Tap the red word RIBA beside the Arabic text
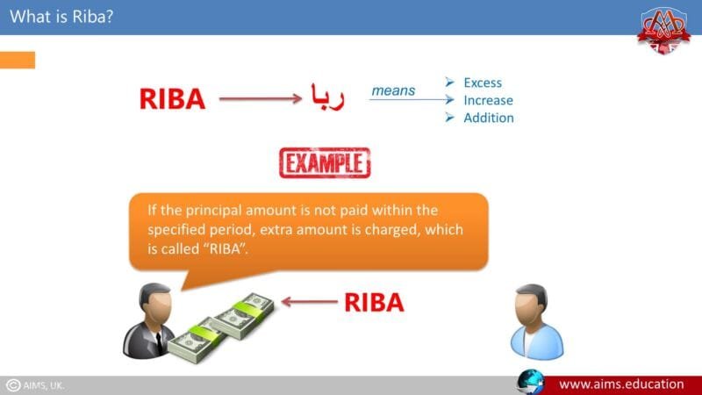click(x=172, y=99)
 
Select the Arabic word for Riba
click(x=326, y=97)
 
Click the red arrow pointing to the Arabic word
click(x=259, y=99)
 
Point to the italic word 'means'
click(x=393, y=90)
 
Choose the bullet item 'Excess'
click(x=482, y=83)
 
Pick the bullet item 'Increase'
click(x=488, y=100)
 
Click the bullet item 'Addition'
click(x=488, y=118)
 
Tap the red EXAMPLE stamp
click(x=325, y=162)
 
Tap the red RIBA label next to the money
click(x=373, y=303)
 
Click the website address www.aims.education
click(x=621, y=384)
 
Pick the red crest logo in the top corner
click(x=664, y=28)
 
